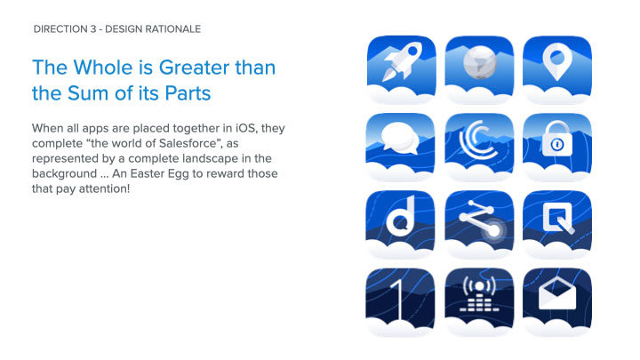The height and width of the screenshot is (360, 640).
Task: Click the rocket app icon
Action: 402,69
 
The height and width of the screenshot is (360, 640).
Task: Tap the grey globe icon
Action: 479,69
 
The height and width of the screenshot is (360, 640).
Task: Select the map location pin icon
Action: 557,69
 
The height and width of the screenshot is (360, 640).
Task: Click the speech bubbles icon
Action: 400,147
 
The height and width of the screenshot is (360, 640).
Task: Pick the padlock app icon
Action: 557,147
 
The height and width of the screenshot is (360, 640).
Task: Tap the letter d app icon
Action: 400,225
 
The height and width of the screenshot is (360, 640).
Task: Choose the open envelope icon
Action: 557,302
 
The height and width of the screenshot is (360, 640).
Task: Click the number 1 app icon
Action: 400,302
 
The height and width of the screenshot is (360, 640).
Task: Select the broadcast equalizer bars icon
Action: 479,302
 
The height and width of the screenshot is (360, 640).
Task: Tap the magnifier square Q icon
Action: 557,225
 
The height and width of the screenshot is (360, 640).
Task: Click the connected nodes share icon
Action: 479,225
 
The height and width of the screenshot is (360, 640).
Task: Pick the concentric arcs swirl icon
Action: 479,147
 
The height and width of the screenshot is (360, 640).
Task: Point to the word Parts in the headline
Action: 188,93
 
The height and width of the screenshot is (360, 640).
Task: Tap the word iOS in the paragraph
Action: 246,128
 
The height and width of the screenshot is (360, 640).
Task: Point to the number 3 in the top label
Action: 93,29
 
